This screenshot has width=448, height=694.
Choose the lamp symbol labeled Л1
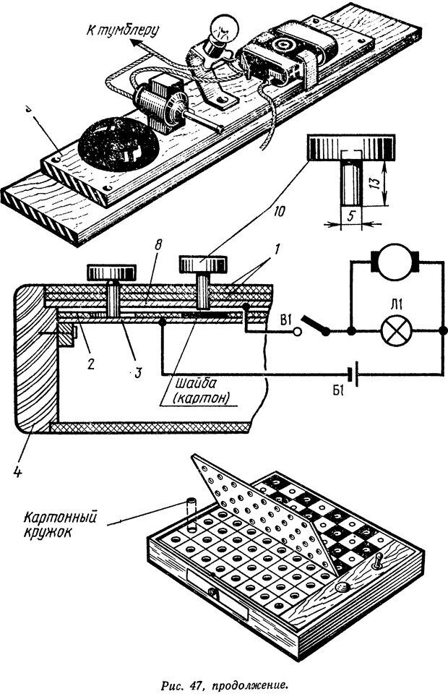[x=395, y=332]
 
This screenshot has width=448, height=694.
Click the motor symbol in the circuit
[x=395, y=263]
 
